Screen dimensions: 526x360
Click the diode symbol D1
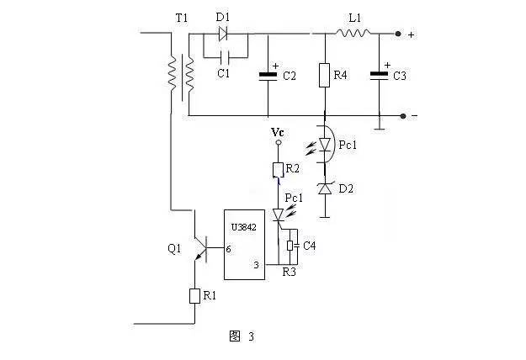click(223, 34)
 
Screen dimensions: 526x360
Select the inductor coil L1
click(353, 33)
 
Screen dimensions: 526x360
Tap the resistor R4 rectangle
click(324, 75)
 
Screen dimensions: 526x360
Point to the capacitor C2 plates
click(268, 76)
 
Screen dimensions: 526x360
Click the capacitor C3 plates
click(379, 76)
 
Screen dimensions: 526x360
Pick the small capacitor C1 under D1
click(224, 58)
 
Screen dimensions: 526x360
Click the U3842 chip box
click(244, 245)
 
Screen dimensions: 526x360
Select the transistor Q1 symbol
click(200, 248)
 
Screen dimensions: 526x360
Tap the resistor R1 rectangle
click(194, 296)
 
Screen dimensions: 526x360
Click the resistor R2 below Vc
click(278, 170)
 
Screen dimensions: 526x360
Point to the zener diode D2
click(325, 188)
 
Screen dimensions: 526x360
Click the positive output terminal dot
click(398, 34)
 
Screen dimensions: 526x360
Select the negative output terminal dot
click(403, 116)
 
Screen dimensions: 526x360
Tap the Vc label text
click(278, 132)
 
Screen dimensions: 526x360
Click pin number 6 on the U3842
click(228, 249)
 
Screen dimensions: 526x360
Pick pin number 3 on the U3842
click(257, 265)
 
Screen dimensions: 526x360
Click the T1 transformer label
click(182, 19)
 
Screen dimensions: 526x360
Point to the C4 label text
click(310, 246)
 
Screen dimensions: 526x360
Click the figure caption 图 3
click(242, 336)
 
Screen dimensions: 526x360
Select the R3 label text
click(289, 273)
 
